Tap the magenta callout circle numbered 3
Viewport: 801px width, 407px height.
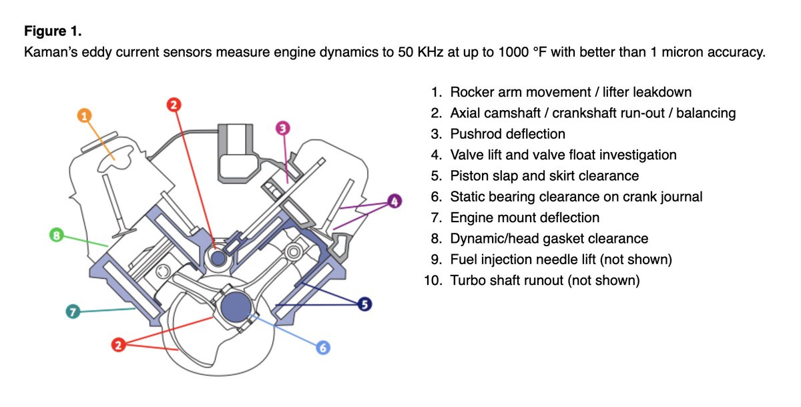click(x=282, y=127)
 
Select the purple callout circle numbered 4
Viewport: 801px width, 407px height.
click(x=394, y=200)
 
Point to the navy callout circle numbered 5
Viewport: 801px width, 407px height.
click(x=364, y=304)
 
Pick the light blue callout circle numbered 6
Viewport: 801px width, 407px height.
click(x=323, y=347)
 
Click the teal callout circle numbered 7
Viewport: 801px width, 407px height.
click(x=73, y=312)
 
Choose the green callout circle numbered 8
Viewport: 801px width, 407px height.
click(x=57, y=235)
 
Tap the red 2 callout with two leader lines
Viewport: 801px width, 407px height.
click(x=118, y=345)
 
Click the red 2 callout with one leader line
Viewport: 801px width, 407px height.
click(x=174, y=104)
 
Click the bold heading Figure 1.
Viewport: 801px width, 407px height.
click(x=53, y=31)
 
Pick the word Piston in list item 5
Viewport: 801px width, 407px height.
click(x=469, y=176)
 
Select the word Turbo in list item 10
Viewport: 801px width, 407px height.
click(x=469, y=281)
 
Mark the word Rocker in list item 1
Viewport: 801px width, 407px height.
click(x=472, y=92)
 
